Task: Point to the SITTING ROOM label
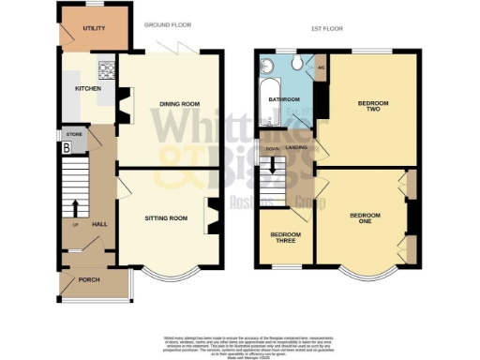(166, 217)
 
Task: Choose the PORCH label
(91, 278)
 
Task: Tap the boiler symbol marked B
(66, 147)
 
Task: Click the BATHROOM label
(284, 99)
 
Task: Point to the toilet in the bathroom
(295, 63)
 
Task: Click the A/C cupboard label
(321, 68)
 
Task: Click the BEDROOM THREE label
(285, 236)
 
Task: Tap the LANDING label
(297, 146)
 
